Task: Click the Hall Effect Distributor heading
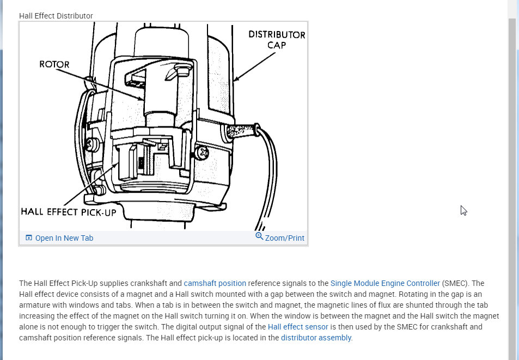point(56,16)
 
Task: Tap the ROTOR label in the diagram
point(54,64)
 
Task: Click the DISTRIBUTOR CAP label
point(277,39)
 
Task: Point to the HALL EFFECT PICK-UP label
point(69,212)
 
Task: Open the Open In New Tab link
point(64,238)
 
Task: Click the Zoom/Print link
point(285,238)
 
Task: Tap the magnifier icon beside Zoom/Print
point(260,236)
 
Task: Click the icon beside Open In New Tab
point(29,238)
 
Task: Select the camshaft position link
point(215,283)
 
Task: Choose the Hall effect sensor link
point(298,327)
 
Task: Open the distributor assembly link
point(316,338)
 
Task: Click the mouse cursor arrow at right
point(463,210)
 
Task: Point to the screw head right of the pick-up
point(203,153)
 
